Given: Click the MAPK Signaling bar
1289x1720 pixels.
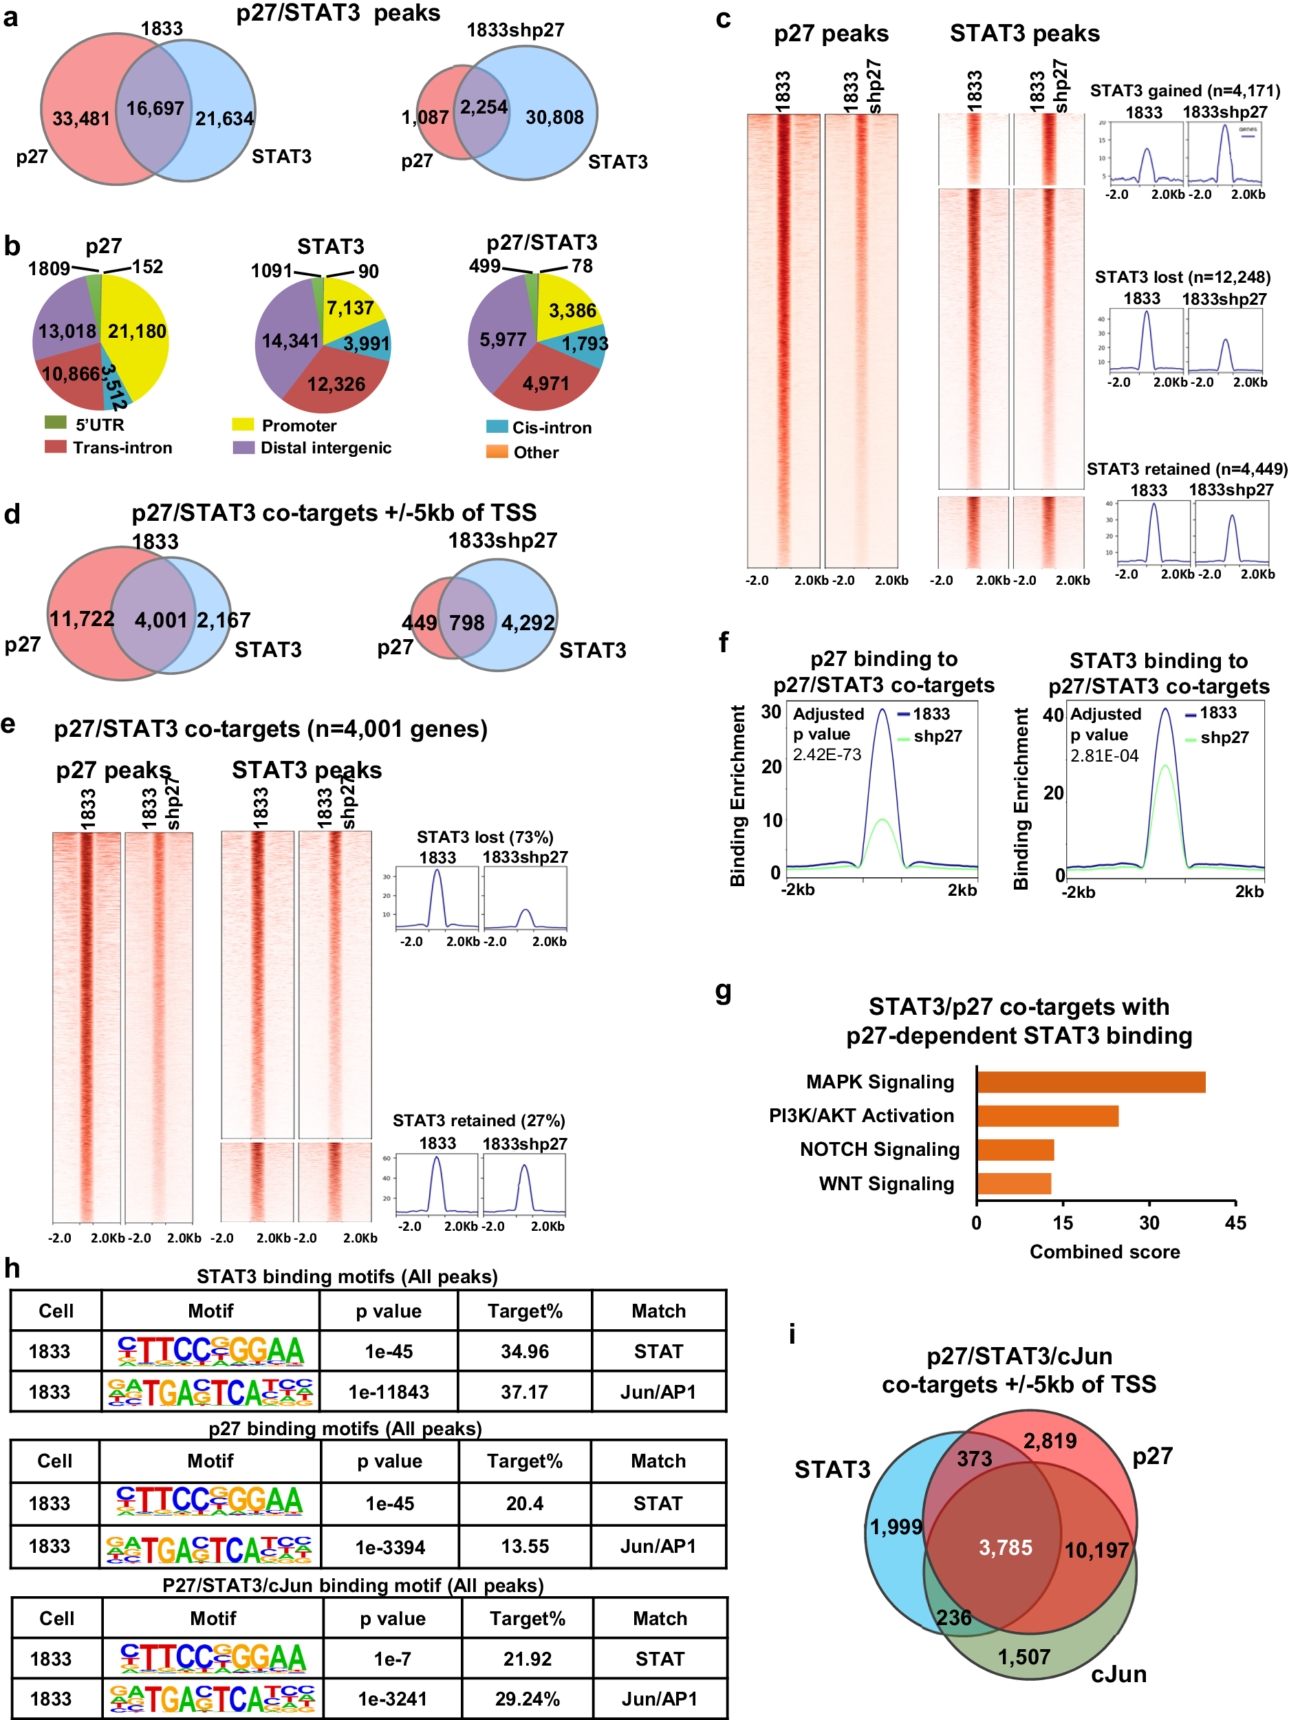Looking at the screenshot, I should (x=1090, y=1082).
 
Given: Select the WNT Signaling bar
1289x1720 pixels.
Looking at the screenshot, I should (x=1014, y=1183).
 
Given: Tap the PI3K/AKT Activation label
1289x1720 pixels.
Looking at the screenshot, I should (x=860, y=1116).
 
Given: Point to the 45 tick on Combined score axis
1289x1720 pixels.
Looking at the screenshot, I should (x=1235, y=1223).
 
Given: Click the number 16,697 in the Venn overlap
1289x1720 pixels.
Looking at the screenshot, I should (x=155, y=109).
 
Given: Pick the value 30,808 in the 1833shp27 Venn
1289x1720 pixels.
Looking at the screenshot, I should (x=554, y=118).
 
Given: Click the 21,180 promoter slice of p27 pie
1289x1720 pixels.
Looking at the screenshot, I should (x=137, y=332).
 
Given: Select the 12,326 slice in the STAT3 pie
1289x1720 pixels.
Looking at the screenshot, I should (x=336, y=384).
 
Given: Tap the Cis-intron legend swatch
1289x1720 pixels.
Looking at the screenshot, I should (x=497, y=427).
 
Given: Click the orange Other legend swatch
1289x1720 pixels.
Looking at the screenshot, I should (x=497, y=452).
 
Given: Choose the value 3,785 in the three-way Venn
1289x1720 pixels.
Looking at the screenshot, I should (x=1005, y=1547).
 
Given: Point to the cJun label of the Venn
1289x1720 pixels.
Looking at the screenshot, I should (x=1118, y=1674).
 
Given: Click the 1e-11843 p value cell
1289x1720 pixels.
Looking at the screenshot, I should (x=389, y=1392).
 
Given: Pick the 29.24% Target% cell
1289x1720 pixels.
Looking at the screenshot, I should (x=527, y=1699).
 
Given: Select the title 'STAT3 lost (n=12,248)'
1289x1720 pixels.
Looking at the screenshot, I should (x=1182, y=277).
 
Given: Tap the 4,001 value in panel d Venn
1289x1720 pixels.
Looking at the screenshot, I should (x=161, y=621).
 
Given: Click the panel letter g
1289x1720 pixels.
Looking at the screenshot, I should (x=723, y=991).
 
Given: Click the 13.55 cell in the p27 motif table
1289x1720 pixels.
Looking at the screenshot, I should (x=525, y=1547).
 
